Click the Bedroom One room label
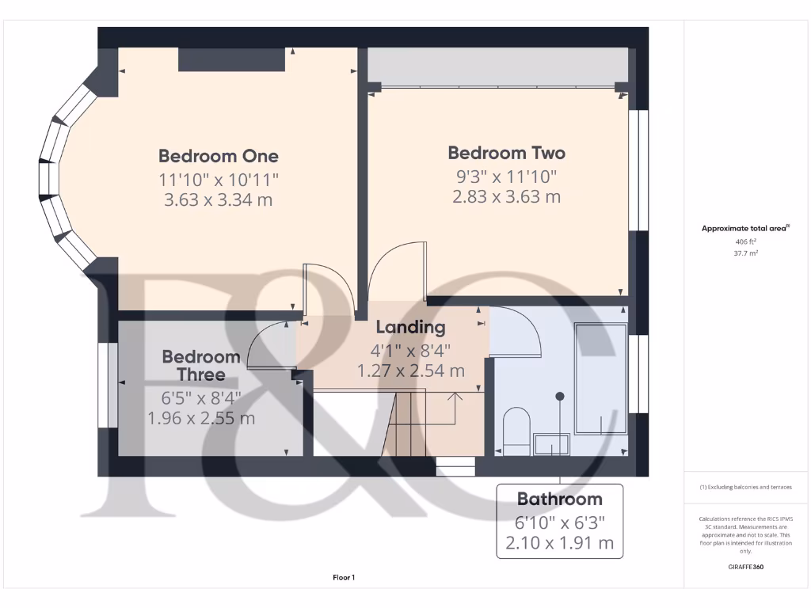[x=219, y=156]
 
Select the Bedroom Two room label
[x=507, y=153]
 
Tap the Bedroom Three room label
[x=201, y=366]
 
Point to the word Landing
[x=410, y=327]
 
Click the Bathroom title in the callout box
[x=559, y=499]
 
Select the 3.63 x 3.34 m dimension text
[x=219, y=199]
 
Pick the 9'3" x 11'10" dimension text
[x=507, y=176]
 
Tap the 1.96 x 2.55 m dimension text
[x=201, y=417]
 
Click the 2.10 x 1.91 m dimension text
[x=559, y=543]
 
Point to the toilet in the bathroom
[x=516, y=432]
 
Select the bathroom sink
[x=551, y=444]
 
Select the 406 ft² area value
[x=744, y=241]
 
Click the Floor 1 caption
[x=344, y=578]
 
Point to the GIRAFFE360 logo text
[x=744, y=567]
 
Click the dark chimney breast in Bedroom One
[x=231, y=60]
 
